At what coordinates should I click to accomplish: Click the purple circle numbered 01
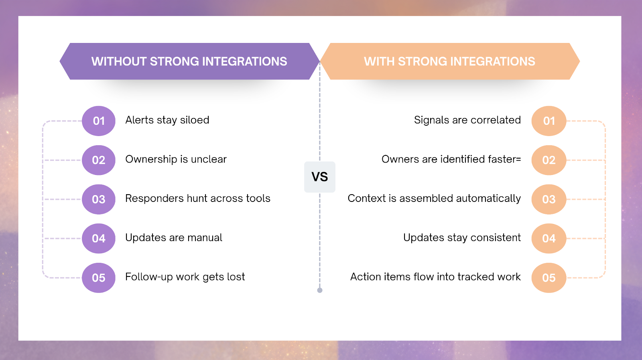coord(99,121)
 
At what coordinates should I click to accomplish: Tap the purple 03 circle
coord(99,199)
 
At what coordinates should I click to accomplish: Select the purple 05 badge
coord(99,278)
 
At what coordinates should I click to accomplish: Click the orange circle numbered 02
coord(549,160)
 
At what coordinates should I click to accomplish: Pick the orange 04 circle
coord(549,238)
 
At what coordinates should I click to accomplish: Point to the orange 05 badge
coord(549,278)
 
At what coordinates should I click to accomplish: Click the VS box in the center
coord(319,177)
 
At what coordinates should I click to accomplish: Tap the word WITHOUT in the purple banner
coord(119,61)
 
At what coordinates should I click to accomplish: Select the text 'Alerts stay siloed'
coord(167,120)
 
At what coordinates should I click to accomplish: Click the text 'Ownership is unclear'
coord(176,159)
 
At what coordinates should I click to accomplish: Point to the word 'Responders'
coord(154,199)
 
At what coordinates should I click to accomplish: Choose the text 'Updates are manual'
coord(174,238)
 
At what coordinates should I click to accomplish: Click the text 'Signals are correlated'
coord(467,120)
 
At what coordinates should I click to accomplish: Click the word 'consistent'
coord(496,238)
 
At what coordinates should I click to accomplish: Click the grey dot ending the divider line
coord(320,290)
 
